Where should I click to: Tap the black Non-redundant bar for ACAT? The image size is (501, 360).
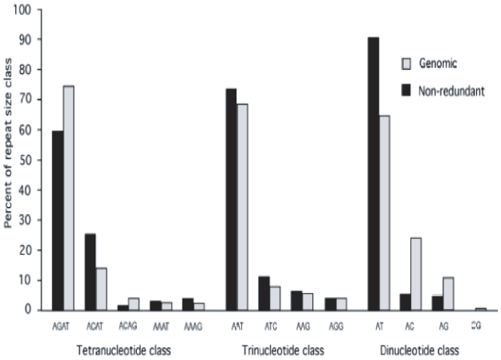click(90, 272)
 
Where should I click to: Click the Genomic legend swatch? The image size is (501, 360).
click(404, 63)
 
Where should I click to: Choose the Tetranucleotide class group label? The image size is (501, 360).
click(123, 350)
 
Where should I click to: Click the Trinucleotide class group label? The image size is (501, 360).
click(278, 350)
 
